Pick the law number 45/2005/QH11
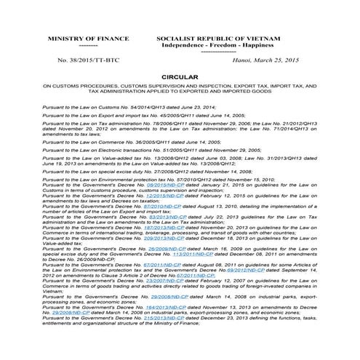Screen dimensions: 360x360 [172, 115]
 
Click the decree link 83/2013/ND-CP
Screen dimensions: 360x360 [160, 217]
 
